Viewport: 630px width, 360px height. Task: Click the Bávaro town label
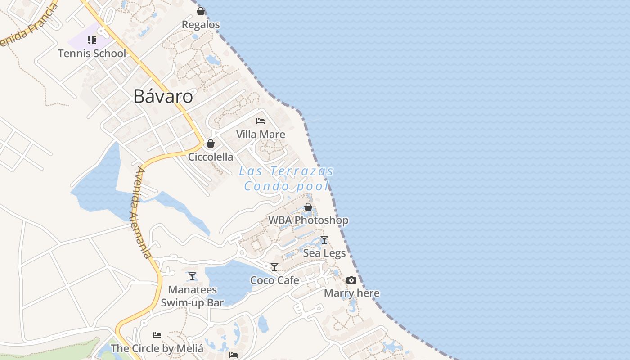click(x=163, y=96)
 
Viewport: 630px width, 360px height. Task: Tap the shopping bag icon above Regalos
click(x=201, y=11)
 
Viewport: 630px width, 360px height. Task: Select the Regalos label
click(x=201, y=24)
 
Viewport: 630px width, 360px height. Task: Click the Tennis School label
click(x=92, y=53)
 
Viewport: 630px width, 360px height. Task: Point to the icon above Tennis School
click(x=92, y=40)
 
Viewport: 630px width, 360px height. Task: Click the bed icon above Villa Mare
click(x=261, y=121)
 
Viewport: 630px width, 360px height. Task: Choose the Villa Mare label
click(x=261, y=134)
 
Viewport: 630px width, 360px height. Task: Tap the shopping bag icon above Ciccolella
click(x=210, y=144)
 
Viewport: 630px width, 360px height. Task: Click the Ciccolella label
click(x=211, y=157)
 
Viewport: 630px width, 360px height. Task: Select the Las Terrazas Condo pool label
click(x=287, y=178)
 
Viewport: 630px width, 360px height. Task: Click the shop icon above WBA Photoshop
click(x=308, y=207)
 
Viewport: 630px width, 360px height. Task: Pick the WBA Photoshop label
click(x=308, y=220)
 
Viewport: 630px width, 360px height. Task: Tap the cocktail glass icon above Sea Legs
click(x=324, y=240)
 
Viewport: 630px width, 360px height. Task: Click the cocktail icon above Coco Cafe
click(x=274, y=267)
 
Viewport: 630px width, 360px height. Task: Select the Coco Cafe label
click(x=274, y=280)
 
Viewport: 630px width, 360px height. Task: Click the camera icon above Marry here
click(x=351, y=280)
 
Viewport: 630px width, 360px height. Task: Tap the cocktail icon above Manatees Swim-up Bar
click(x=192, y=276)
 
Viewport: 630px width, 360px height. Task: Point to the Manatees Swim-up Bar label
click(x=192, y=296)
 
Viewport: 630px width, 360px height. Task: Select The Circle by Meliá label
click(x=157, y=348)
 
